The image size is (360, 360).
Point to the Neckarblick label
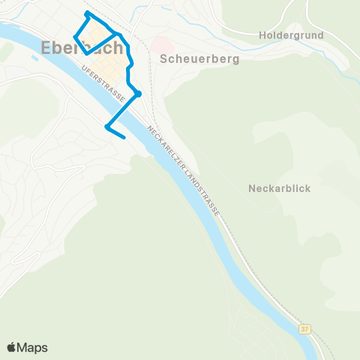click(x=279, y=189)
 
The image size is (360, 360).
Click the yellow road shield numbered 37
click(x=304, y=328)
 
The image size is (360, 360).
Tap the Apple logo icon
click(x=12, y=347)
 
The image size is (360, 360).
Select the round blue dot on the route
click(x=139, y=94)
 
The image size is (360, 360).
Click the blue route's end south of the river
click(x=123, y=136)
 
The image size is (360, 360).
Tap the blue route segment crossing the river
click(x=123, y=109)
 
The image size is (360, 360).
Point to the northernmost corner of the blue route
click(x=88, y=13)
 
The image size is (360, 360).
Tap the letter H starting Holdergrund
click(x=262, y=35)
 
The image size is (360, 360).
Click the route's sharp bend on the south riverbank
click(x=107, y=126)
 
